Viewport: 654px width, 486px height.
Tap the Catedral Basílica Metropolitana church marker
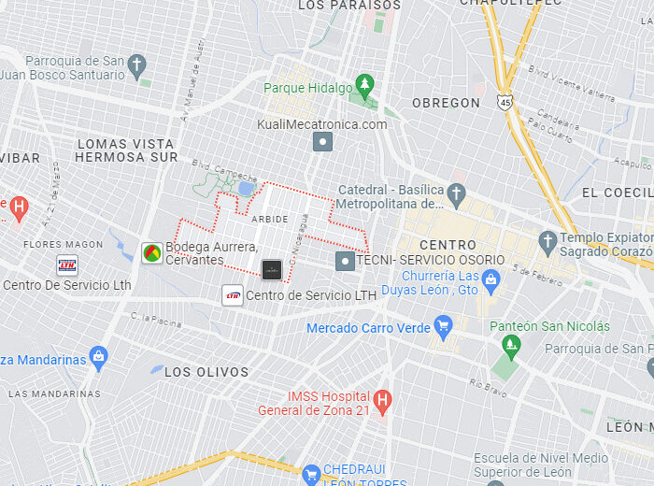456,195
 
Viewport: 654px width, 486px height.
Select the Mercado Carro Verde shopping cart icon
443,327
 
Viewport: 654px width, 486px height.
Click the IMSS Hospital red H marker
381,402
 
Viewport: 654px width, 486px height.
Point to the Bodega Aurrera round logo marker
151,252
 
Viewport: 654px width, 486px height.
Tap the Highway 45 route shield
505,101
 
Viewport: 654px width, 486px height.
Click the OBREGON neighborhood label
446,103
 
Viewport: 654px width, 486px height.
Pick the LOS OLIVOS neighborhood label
206,372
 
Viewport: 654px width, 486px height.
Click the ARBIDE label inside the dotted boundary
270,219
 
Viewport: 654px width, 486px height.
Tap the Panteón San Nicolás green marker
510,347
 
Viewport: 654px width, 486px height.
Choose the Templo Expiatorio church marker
547,244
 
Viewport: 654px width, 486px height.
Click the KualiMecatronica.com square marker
322,142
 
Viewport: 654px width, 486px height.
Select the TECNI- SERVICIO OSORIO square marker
345,261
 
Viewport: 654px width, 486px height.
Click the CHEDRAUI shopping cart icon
310,475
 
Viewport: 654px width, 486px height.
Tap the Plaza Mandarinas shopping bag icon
99,358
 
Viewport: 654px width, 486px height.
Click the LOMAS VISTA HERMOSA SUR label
125,150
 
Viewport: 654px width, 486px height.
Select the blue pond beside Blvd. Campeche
246,188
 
